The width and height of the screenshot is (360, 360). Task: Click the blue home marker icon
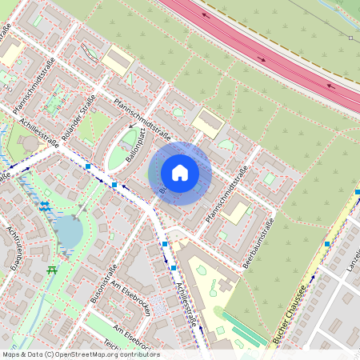[x=180, y=173]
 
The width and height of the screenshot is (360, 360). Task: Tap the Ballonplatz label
[x=135, y=148]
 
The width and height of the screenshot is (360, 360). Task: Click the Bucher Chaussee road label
[x=290, y=314]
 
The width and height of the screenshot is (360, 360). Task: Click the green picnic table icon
[x=53, y=270]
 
